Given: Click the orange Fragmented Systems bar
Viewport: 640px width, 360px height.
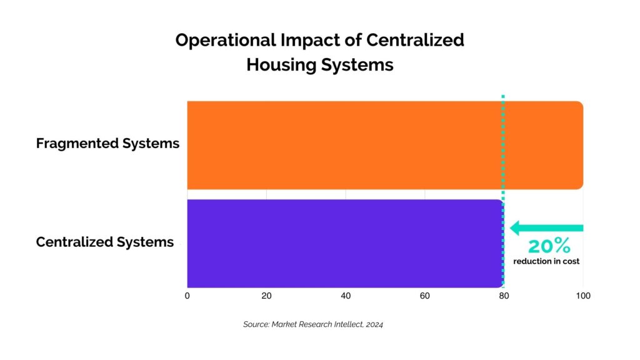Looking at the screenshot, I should tap(384, 144).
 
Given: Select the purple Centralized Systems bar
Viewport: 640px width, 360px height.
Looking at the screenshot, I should tap(344, 243).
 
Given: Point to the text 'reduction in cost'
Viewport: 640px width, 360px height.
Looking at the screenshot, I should tap(546, 261).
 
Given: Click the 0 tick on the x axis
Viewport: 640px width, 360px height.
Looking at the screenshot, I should tap(187, 296).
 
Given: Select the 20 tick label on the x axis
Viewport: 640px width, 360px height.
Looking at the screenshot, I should tap(266, 296).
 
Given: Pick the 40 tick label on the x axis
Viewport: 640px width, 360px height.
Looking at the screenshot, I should tap(346, 296).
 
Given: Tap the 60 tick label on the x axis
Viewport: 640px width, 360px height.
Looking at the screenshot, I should tap(425, 296).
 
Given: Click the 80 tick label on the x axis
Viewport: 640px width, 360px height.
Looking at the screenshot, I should tap(504, 296).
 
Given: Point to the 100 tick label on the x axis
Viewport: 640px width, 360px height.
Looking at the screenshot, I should tap(582, 296).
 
